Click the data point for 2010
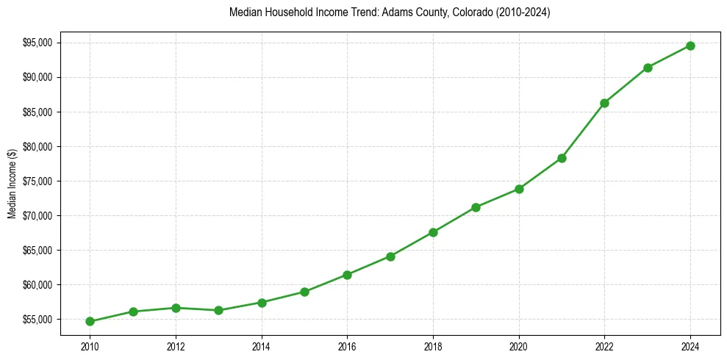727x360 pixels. (x=90, y=321)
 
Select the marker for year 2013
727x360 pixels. (x=218, y=310)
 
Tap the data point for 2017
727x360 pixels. (x=390, y=256)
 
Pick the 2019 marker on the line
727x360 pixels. (x=476, y=207)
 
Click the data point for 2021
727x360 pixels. (x=562, y=158)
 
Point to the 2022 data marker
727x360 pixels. (x=604, y=103)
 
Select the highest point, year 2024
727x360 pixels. (x=690, y=46)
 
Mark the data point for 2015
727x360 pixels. (x=304, y=292)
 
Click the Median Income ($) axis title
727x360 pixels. (x=12, y=184)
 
